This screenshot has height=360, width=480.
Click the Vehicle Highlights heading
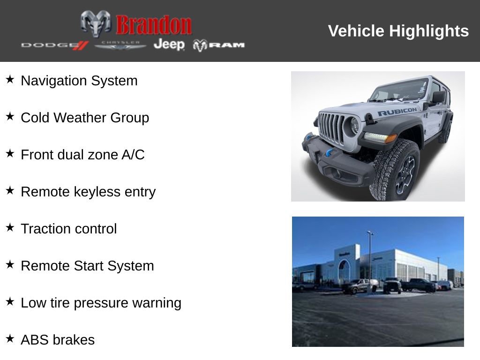(398, 31)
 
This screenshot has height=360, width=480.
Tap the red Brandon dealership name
(154, 25)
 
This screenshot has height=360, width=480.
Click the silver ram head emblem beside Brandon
(96, 23)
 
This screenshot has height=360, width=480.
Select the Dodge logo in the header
(54, 45)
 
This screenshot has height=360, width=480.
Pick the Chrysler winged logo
(120, 45)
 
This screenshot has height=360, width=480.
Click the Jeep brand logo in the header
(169, 45)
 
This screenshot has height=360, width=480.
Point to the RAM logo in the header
(218, 45)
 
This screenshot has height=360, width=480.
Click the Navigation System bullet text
(79, 81)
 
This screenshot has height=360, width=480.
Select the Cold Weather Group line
(85, 118)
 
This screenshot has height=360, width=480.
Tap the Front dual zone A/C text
(82, 155)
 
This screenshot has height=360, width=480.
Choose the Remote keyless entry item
(88, 192)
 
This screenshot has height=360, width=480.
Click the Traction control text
(69, 229)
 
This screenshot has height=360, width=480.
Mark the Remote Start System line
(87, 266)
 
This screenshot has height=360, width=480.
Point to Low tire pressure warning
(101, 303)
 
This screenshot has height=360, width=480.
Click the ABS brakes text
(58, 340)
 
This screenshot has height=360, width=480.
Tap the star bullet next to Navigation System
(10, 80)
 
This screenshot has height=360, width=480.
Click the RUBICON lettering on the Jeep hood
(397, 112)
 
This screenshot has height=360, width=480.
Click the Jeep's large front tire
(395, 170)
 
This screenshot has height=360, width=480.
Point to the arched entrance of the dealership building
(344, 271)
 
